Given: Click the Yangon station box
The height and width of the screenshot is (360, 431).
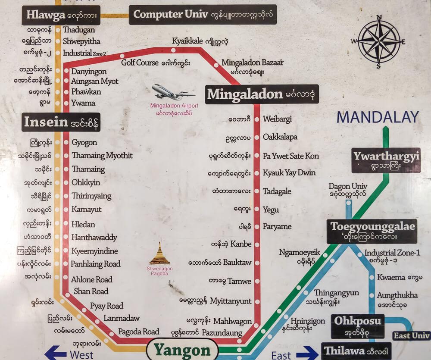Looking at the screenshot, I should click(182, 351).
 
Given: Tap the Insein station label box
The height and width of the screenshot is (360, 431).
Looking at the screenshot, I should click(61, 122).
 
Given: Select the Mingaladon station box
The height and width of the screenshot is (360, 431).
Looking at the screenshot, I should click(262, 94).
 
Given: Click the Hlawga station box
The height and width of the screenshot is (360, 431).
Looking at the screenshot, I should click(61, 15).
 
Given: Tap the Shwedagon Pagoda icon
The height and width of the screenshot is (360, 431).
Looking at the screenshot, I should click(159, 254).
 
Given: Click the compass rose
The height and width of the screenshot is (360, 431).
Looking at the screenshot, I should click(379, 42).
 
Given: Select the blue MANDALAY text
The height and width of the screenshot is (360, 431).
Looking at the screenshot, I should click(378, 117).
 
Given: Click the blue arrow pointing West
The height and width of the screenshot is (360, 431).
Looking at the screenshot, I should click(56, 353).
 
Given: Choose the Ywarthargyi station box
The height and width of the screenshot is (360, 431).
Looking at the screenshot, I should click(385, 160).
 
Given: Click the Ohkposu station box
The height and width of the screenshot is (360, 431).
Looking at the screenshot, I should click(357, 326).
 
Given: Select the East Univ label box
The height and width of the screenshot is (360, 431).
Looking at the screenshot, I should click(411, 335).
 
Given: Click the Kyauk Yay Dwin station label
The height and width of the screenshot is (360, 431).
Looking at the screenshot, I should click(289, 173).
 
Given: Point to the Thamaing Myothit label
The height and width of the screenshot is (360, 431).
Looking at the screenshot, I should click(102, 156).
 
